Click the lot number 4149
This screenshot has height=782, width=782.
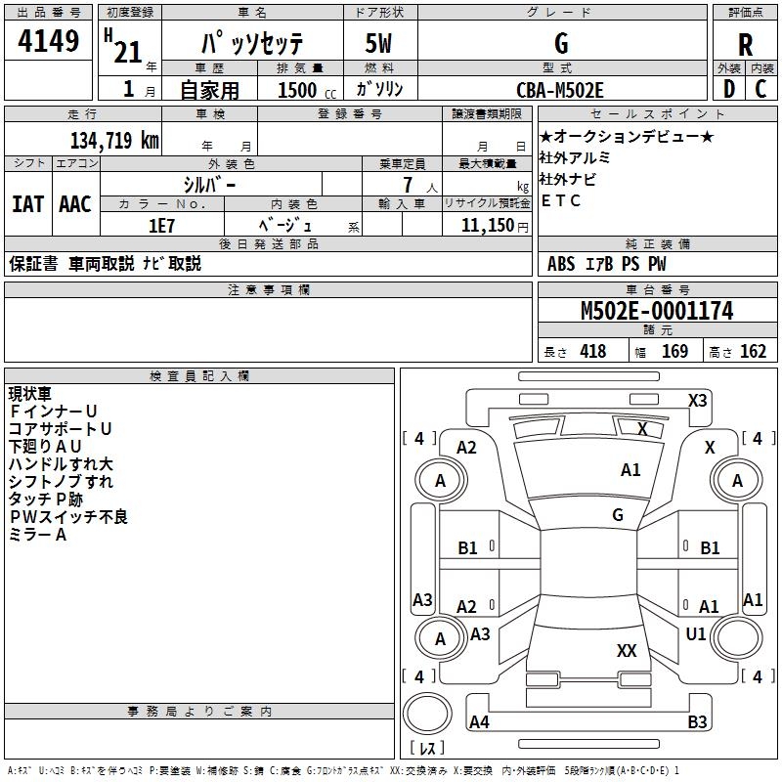click(x=49, y=42)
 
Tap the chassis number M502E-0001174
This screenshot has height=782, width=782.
click(x=657, y=311)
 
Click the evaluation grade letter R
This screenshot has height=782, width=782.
click(x=746, y=45)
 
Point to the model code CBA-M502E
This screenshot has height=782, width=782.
click(x=560, y=90)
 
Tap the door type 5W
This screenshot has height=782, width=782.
click(x=380, y=45)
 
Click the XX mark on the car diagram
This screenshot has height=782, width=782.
click(x=627, y=650)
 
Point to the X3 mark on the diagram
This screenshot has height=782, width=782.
click(x=698, y=400)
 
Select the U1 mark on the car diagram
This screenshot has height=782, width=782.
click(x=696, y=634)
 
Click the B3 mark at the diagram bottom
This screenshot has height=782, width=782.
click(x=697, y=722)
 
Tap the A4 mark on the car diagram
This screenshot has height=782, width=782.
click(x=479, y=722)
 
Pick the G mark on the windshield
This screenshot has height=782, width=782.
click(x=618, y=515)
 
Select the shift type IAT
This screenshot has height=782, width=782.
click(x=27, y=203)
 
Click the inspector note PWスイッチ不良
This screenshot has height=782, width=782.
click(x=67, y=516)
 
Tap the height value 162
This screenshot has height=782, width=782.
click(x=753, y=351)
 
